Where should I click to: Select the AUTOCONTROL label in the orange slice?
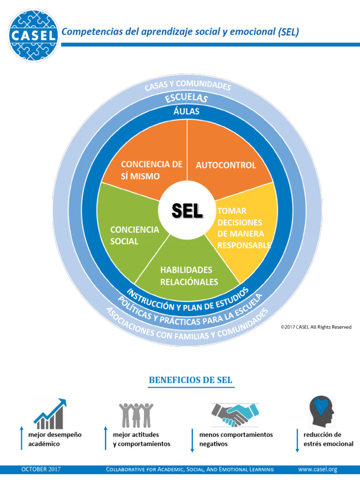pos(226,165)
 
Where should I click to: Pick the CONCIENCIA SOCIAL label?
pos(135,235)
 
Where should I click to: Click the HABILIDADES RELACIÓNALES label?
pos(189,276)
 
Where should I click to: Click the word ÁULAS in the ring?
pos(187,112)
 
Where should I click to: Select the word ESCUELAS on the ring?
pos(187,98)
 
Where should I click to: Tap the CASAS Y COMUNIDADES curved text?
pos(187,86)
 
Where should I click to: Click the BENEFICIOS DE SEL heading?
pos(190,380)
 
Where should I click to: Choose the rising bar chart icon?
pos(50,413)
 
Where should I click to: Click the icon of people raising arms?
pos(136,414)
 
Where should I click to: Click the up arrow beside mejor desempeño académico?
pos(21,439)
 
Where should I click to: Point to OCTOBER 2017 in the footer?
pos(41,469)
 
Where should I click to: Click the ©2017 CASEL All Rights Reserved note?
pos(316,327)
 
